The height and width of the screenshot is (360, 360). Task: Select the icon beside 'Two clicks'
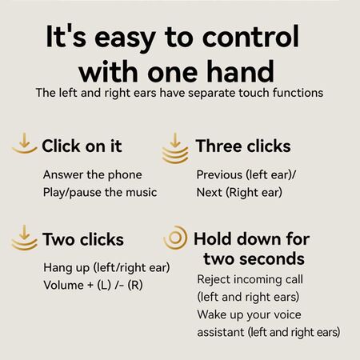click(25, 238)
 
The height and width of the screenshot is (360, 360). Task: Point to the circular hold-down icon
click(176, 238)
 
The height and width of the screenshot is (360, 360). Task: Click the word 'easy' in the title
click(125, 39)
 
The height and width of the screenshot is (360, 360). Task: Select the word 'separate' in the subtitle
click(212, 94)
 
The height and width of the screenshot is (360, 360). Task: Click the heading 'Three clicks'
click(243, 146)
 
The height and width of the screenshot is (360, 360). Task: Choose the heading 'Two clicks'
click(83, 239)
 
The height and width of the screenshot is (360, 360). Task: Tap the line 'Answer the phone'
click(93, 175)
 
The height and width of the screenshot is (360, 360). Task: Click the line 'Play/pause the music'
click(100, 193)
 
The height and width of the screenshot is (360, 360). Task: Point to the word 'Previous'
click(219, 175)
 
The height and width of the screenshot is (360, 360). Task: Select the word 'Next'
click(209, 193)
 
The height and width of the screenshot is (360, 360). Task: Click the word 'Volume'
click(64, 286)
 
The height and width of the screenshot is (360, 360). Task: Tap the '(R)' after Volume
click(135, 286)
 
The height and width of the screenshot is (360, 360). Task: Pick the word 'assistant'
click(221, 333)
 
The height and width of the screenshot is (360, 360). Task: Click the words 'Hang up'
click(66, 268)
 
